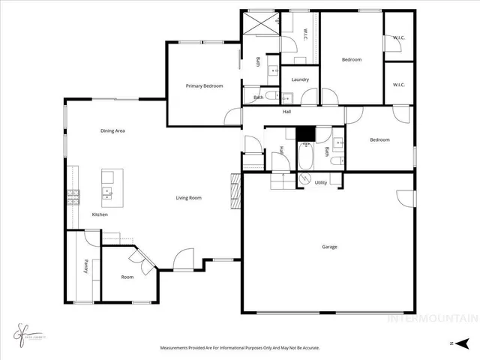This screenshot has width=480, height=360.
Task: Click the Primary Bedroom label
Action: pos(204,86)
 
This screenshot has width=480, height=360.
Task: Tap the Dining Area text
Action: pos(112,131)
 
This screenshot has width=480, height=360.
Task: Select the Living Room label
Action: pos(189,198)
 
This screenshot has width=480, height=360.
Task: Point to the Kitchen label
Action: pos(100,215)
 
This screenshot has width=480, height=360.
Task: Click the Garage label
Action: pos(329,247)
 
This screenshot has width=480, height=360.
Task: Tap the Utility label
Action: pos(320,182)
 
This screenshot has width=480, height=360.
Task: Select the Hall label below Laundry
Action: pos(286,112)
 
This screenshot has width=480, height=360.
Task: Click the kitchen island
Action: pos(108,187)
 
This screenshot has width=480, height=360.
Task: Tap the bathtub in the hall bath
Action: pos(305,155)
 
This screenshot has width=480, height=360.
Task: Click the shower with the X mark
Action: pos(260,25)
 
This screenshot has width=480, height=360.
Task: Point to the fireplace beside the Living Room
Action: pos(235,191)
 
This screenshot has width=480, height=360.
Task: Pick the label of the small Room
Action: pos(127,277)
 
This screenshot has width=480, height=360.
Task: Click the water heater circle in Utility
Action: pos(304,178)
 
